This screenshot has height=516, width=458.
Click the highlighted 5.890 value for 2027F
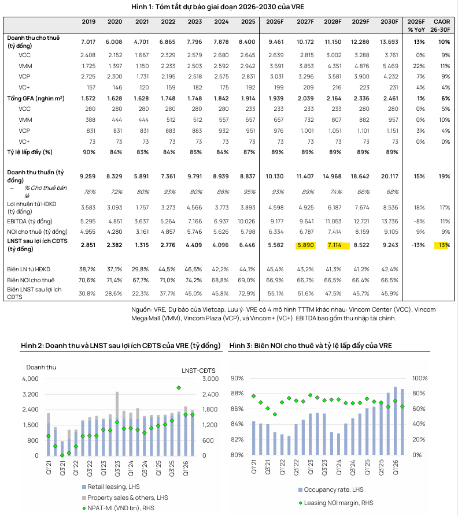306,245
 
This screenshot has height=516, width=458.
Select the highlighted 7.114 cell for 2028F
334,245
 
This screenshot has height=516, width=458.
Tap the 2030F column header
389,22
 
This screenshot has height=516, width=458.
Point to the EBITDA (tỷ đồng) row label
29,222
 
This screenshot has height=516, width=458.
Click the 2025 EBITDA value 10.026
246,222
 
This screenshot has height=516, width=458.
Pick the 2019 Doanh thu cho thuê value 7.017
88,42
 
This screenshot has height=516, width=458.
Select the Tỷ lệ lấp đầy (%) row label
29,152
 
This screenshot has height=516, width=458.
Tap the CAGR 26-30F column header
441,25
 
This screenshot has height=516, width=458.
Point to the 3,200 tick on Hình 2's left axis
30,394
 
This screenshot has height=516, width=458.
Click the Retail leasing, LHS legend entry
111,487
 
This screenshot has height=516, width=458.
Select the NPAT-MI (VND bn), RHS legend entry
118,508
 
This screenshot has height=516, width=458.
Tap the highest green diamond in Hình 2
179,388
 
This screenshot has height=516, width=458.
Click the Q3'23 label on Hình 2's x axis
117,468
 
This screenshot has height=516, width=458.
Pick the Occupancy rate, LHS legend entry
331,489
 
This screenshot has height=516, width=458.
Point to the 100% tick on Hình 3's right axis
420,379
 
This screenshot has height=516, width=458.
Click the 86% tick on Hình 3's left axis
237,409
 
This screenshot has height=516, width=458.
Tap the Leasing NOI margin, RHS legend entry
336,503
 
